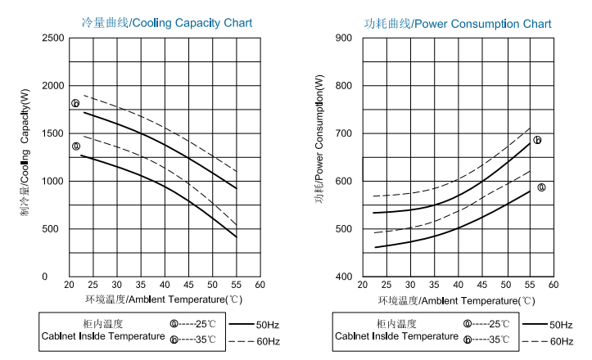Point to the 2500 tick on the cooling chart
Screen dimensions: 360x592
(x=52, y=38)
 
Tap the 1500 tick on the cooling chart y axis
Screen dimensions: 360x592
(x=52, y=133)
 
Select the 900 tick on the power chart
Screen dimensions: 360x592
(x=344, y=38)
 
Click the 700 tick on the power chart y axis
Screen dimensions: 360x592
(x=344, y=133)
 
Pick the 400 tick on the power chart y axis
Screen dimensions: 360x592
(x=344, y=277)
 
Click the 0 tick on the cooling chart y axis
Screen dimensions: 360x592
(x=57, y=277)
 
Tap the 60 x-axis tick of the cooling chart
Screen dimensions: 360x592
(x=259, y=285)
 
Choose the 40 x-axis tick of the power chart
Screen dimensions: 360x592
(x=458, y=285)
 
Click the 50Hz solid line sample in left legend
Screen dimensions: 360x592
(x=242, y=325)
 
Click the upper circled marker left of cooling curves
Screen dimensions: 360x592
(x=75, y=104)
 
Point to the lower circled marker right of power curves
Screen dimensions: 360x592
(x=541, y=187)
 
